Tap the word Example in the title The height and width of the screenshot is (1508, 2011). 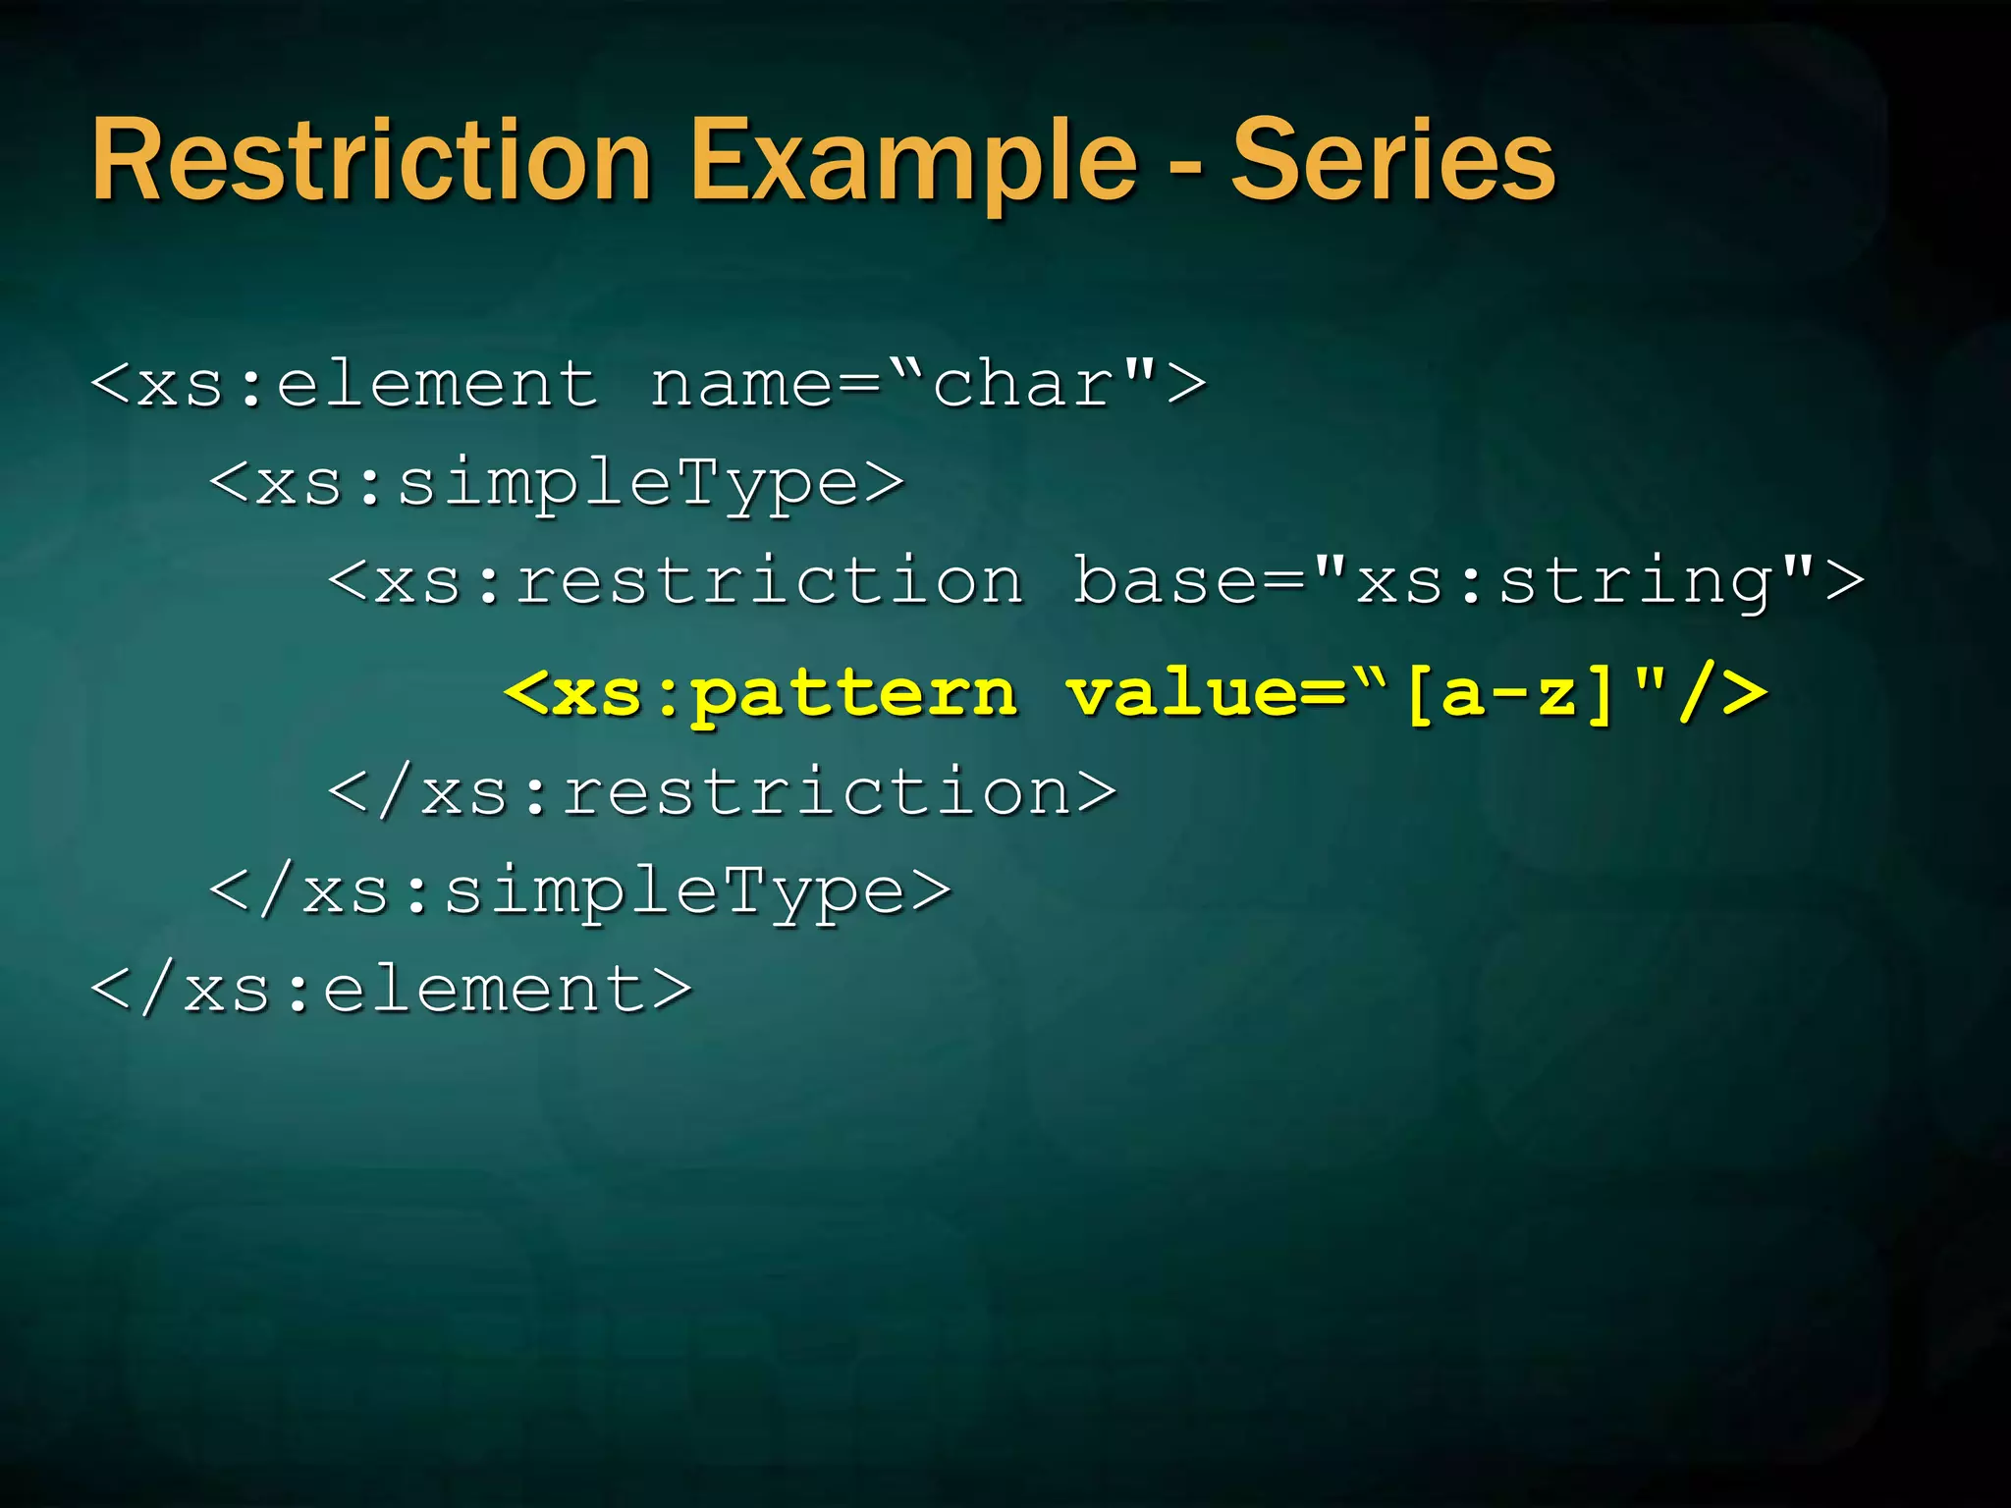pos(913,160)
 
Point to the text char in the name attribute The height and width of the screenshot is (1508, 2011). pos(1021,384)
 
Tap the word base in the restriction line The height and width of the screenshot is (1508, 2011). pos(1164,580)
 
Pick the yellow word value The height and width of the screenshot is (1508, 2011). pos(1182,693)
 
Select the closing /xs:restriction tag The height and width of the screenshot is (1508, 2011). pos(723,791)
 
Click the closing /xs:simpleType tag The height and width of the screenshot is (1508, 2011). pos(580,890)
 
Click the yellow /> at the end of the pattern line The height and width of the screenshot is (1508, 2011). pos(1723,693)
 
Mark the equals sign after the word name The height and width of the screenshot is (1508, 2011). pos(860,384)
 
